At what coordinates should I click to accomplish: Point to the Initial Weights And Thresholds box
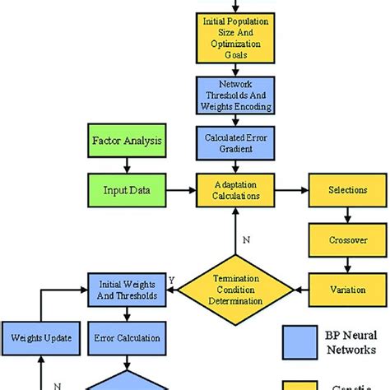coord(126,289)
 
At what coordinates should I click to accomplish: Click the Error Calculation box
coord(126,337)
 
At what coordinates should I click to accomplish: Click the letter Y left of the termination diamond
coord(173,280)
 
